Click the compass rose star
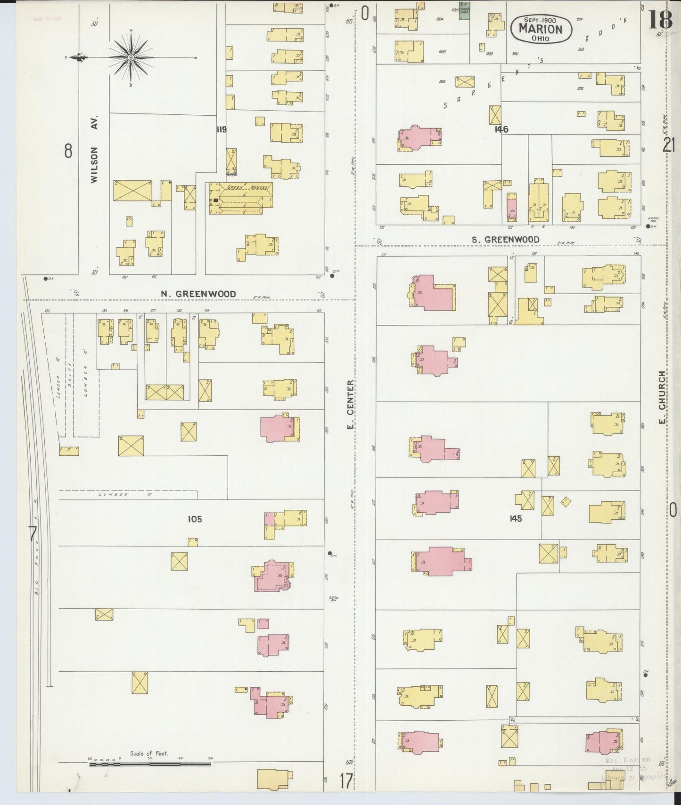click(131, 57)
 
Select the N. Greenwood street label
click(198, 294)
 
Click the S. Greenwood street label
click(505, 240)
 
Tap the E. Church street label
click(662, 397)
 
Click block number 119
click(221, 129)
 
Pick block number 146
click(501, 129)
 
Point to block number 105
click(194, 519)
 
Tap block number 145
click(515, 518)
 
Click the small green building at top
click(464, 12)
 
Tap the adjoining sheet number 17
click(345, 782)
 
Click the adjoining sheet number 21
click(669, 145)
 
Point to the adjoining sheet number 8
click(68, 151)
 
